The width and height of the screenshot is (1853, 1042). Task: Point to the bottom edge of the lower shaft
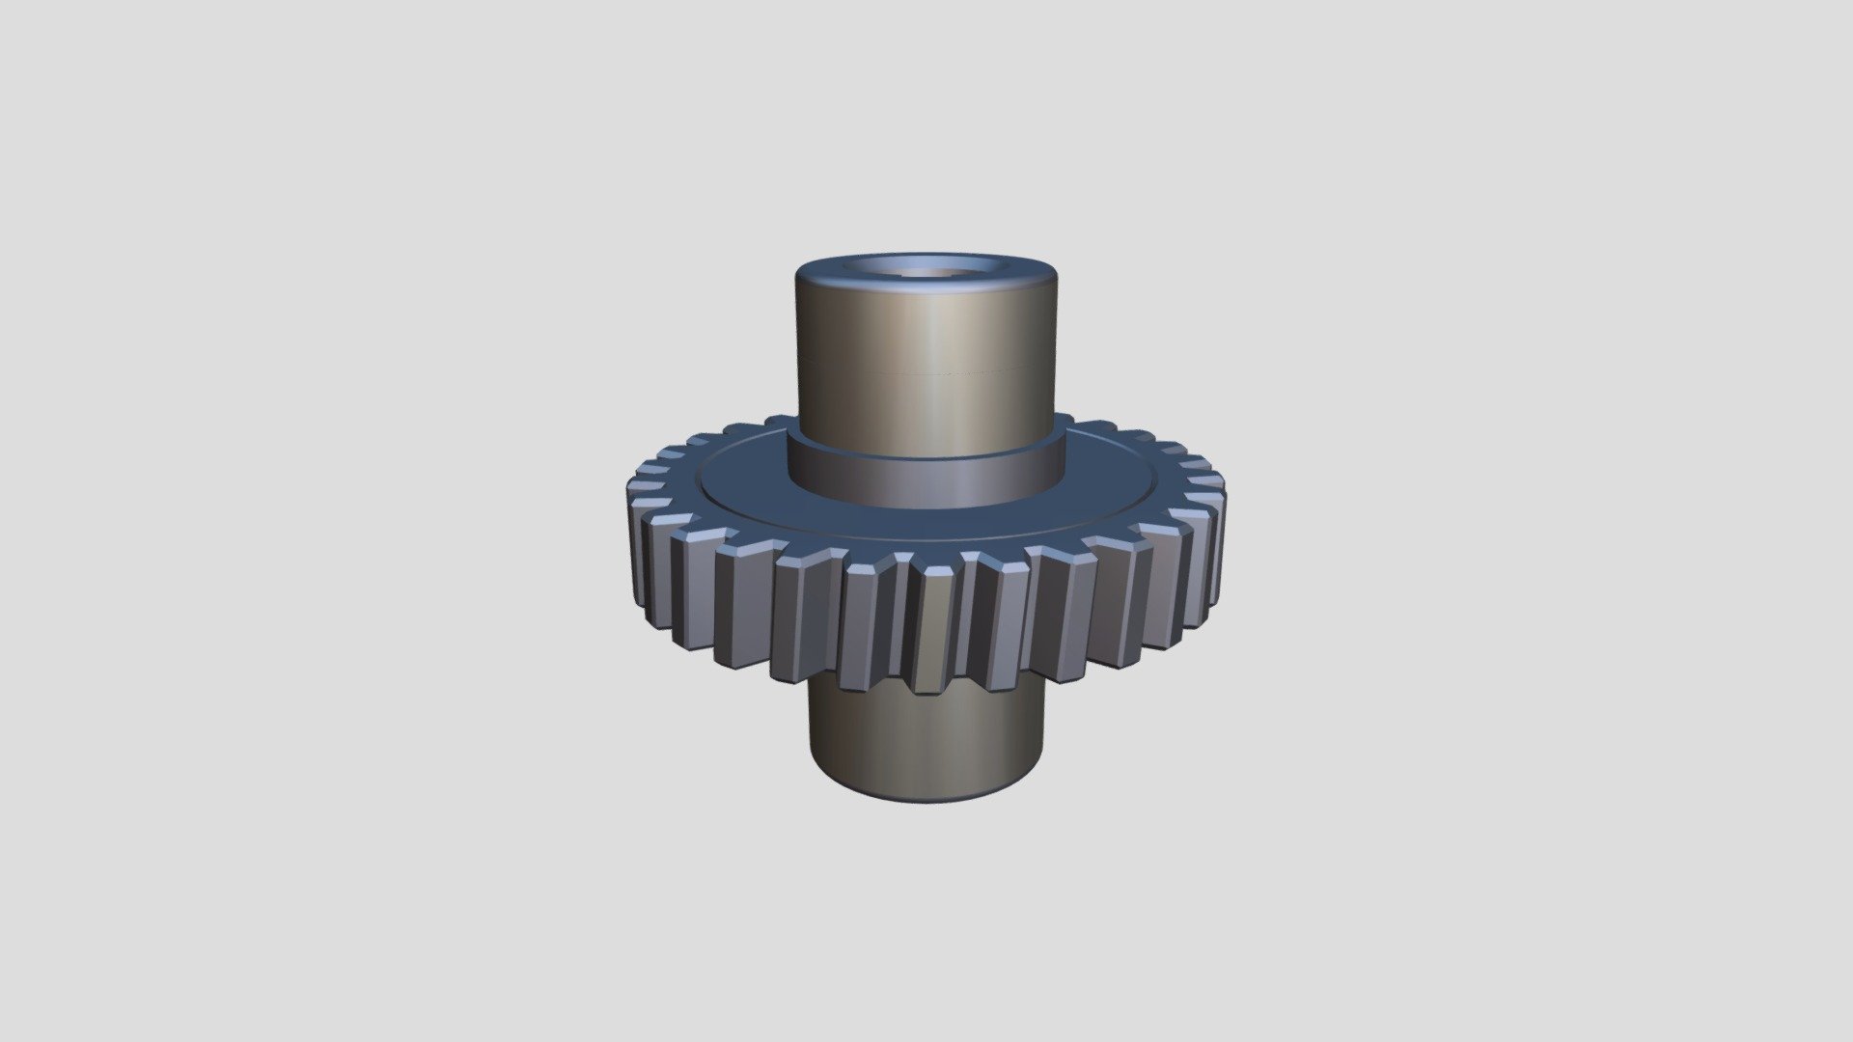[926, 804]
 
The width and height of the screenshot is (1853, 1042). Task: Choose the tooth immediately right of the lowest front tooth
[1004, 627]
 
